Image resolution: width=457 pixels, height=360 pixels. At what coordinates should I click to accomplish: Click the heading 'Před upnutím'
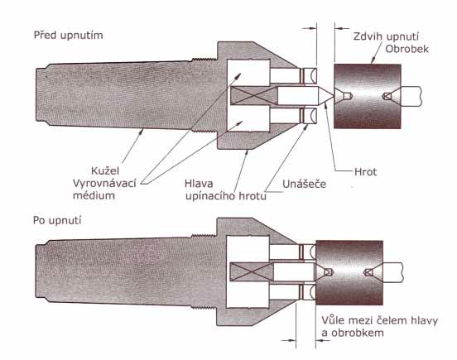[x=68, y=36]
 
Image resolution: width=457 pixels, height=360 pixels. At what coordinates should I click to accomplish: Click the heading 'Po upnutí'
[x=57, y=220]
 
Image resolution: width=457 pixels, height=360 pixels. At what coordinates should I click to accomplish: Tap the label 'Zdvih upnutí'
[x=386, y=36]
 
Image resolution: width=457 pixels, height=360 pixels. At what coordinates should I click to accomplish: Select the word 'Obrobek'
[x=406, y=49]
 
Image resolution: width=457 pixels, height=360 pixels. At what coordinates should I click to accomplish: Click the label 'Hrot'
[x=365, y=172]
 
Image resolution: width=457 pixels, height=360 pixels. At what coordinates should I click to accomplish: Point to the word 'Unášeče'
[x=304, y=184]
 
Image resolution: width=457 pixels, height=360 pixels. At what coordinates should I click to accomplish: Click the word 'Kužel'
[x=105, y=170]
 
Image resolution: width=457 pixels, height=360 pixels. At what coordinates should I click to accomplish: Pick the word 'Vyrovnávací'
[x=104, y=183]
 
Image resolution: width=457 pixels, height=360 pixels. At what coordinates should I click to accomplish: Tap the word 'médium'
[x=94, y=195]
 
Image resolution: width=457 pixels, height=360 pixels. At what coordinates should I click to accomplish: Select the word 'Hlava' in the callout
[x=199, y=184]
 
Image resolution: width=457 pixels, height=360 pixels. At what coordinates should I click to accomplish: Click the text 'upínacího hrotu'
[x=226, y=196]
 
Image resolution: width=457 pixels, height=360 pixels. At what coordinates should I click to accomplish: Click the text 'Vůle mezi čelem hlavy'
[x=379, y=320]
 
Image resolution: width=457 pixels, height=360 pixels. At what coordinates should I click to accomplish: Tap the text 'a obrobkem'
[x=353, y=333]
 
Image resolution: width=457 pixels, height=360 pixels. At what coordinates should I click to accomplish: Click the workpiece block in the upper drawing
[x=368, y=96]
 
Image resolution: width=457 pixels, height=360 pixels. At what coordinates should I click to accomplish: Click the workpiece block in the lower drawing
[x=349, y=272]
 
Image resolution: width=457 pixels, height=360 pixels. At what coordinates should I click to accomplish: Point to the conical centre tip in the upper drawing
[x=325, y=96]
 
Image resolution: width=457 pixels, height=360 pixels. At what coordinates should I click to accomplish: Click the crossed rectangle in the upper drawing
[x=254, y=96]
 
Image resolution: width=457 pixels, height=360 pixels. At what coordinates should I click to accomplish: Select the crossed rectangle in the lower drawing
[x=252, y=272]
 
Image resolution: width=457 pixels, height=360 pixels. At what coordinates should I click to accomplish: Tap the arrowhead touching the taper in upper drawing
[x=142, y=131]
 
